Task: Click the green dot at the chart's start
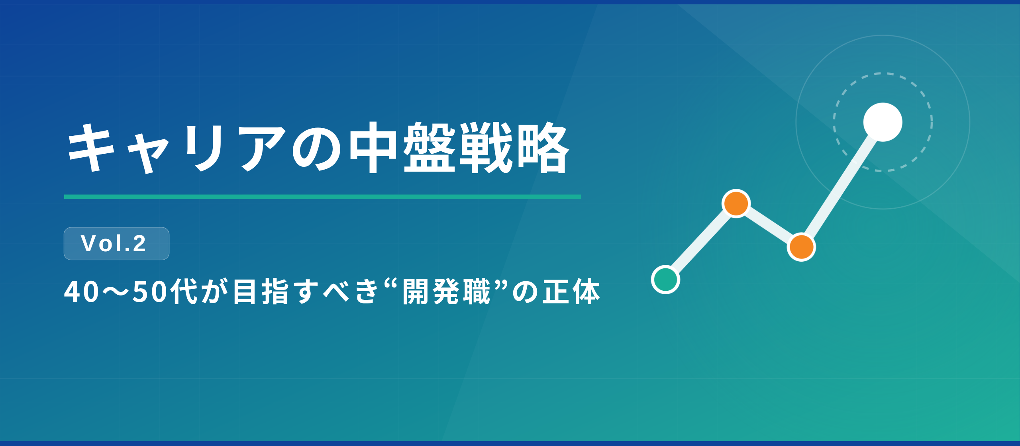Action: pyautogui.click(x=665, y=280)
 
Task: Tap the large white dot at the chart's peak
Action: pyautogui.click(x=883, y=122)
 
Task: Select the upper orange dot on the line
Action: pyautogui.click(x=736, y=203)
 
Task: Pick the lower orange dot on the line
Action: pyautogui.click(x=801, y=247)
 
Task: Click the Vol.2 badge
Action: pyautogui.click(x=116, y=244)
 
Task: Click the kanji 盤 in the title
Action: pyautogui.click(x=429, y=148)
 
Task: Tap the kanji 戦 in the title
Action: pyautogui.click(x=486, y=148)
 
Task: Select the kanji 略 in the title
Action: pyautogui.click(x=543, y=148)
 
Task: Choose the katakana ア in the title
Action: pyautogui.click(x=263, y=148)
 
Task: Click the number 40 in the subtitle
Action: pyautogui.click(x=82, y=292)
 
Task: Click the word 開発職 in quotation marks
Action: pyautogui.click(x=447, y=292)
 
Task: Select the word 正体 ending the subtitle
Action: pyautogui.click(x=572, y=292)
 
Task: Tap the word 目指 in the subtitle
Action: pyautogui.click(x=261, y=292)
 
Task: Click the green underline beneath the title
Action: pyautogui.click(x=322, y=197)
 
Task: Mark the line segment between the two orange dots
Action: pyautogui.click(x=769, y=225)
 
